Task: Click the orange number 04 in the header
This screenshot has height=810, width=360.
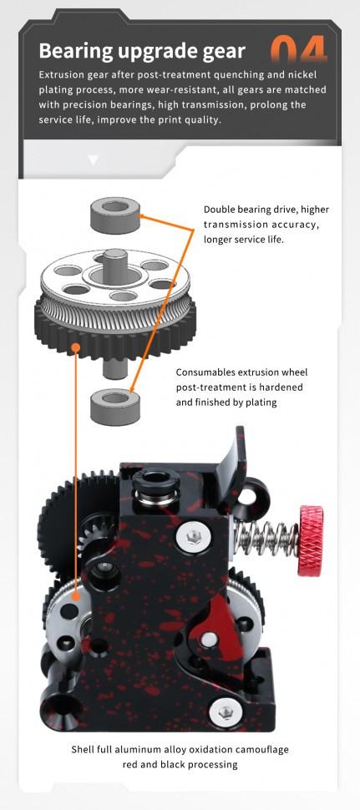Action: pos(299,49)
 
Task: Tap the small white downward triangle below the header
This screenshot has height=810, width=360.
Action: pos(93,160)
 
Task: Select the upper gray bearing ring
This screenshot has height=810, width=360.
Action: pos(116,215)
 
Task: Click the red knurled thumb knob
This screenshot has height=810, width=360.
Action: pos(311,541)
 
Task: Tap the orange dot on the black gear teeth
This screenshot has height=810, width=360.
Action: pos(76,347)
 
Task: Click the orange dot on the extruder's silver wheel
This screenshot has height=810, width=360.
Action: pos(76,596)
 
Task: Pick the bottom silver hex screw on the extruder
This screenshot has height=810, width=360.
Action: pos(226,713)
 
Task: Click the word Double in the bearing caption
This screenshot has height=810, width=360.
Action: pos(219,210)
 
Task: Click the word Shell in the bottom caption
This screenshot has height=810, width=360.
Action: pos(84,749)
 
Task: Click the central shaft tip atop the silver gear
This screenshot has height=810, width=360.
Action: pos(114,255)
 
